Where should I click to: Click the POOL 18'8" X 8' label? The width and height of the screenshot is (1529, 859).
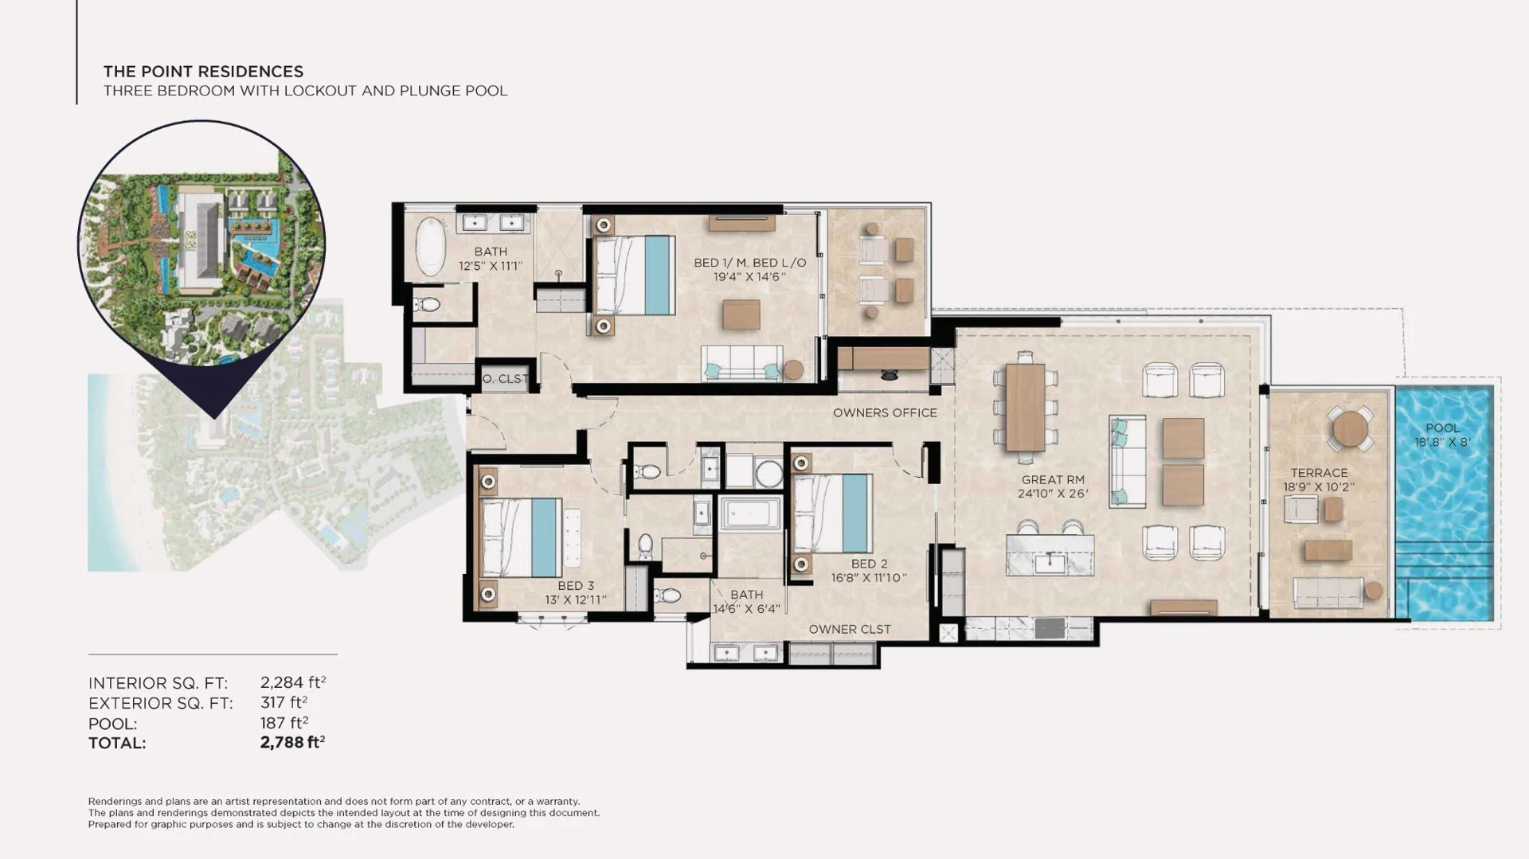1442,435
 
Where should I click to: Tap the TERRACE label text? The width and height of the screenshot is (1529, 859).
1319,473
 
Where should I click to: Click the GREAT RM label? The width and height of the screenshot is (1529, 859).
1053,480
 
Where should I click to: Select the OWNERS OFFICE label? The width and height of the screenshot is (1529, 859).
885,413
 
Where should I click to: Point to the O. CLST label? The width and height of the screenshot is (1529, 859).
505,379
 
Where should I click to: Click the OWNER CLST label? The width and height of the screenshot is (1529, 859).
850,630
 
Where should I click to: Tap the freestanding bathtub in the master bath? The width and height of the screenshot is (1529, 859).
431,246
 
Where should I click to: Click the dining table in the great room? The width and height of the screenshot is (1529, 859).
1025,408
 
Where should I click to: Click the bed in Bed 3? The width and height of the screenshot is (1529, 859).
522,537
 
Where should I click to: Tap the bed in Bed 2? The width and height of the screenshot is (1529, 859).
833,513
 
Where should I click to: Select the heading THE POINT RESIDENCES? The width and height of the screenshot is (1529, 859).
203,72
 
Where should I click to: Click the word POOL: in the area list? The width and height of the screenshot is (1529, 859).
112,724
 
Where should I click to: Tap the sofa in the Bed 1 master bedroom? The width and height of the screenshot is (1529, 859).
741,364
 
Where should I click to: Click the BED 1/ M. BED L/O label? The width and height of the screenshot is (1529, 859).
749,263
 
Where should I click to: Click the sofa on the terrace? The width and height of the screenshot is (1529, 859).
1328,592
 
